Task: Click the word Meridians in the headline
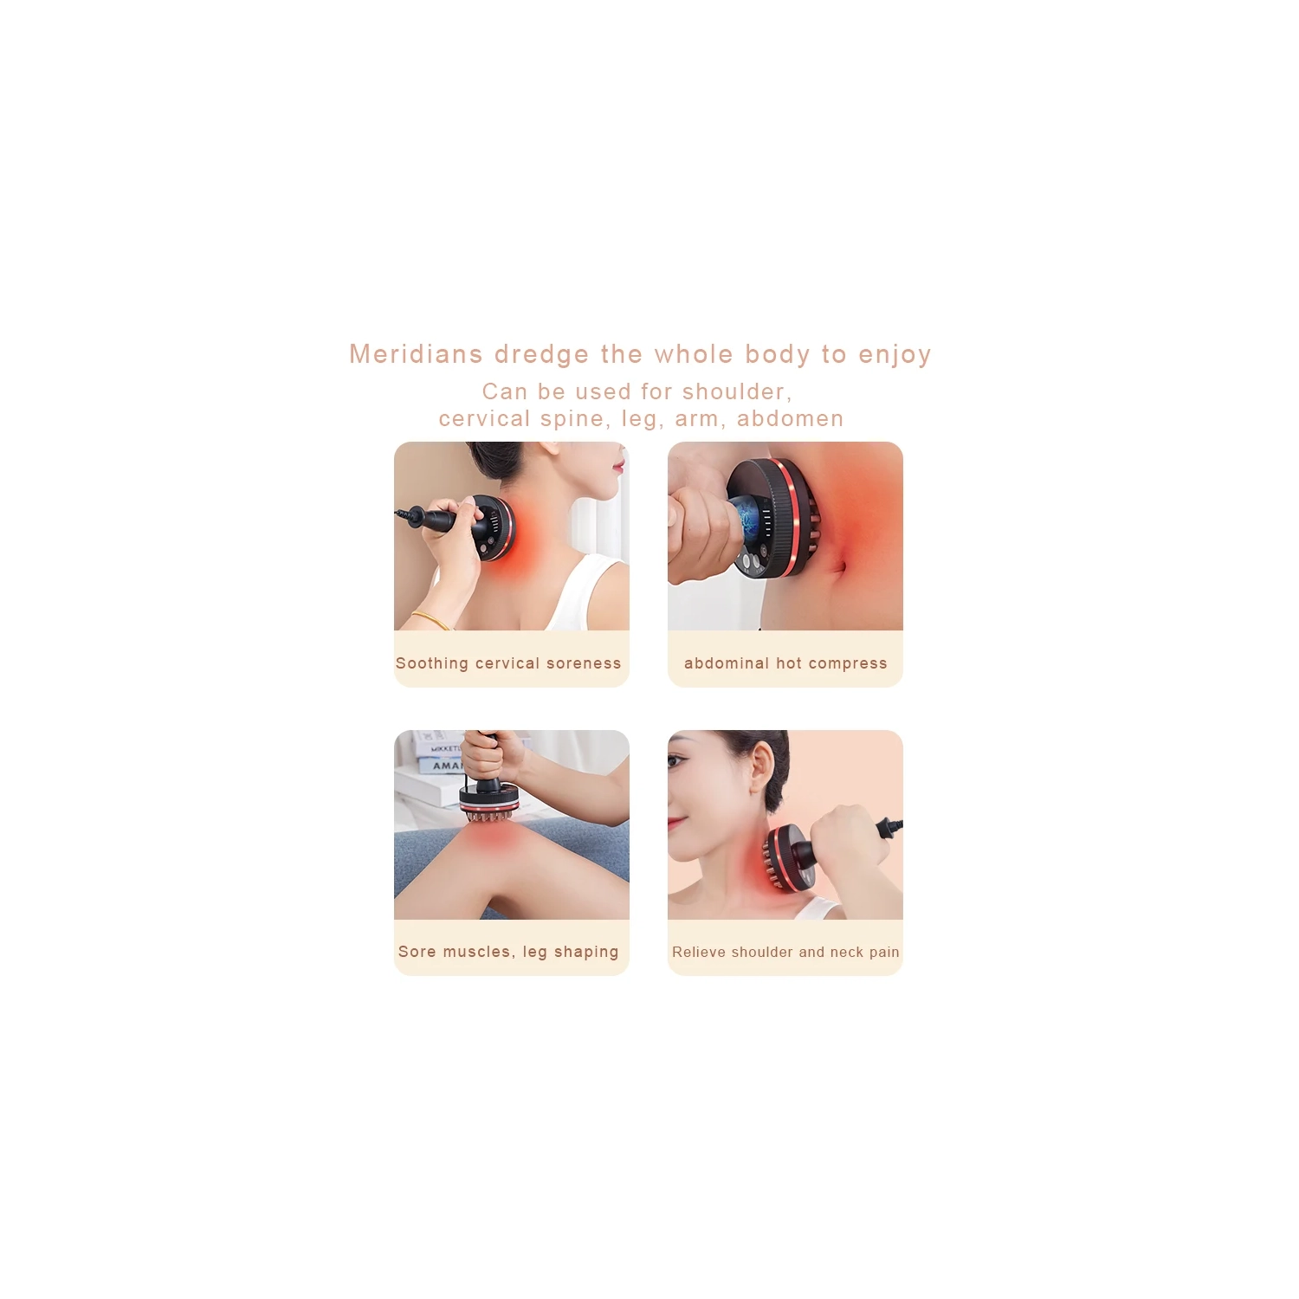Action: pos(416,354)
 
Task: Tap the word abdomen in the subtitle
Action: pos(790,419)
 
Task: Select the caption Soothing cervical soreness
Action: pos(508,663)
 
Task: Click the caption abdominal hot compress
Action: pos(785,663)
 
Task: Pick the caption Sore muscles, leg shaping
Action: pos(508,952)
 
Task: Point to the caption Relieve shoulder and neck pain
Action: pos(785,952)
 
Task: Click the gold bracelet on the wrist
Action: pos(430,619)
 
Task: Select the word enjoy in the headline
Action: pos(895,354)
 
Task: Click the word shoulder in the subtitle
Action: pos(736,392)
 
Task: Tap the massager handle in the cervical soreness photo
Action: pos(437,520)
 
